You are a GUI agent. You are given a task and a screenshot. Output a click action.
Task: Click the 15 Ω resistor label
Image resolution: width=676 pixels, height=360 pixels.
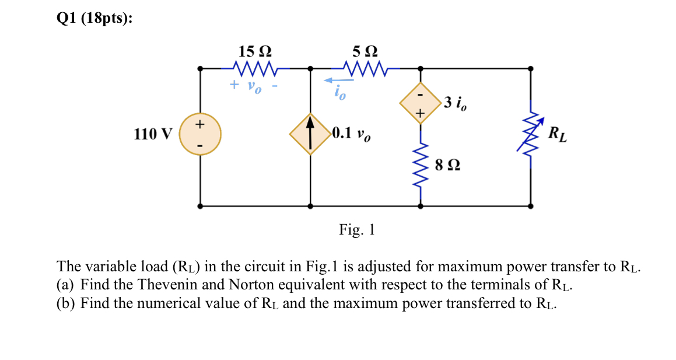pyautogui.click(x=254, y=51)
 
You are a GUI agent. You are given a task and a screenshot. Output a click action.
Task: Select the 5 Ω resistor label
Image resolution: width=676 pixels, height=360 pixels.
pyautogui.click(x=365, y=51)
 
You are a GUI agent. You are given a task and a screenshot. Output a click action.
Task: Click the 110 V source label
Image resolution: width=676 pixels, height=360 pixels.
pyautogui.click(x=153, y=134)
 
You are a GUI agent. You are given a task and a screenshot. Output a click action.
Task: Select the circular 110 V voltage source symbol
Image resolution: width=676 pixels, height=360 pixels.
pyautogui.click(x=200, y=134)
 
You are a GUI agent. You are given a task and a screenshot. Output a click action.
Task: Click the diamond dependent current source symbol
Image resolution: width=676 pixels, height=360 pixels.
pyautogui.click(x=310, y=134)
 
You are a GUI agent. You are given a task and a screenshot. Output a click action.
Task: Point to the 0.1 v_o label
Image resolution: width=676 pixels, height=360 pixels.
pyautogui.click(x=352, y=134)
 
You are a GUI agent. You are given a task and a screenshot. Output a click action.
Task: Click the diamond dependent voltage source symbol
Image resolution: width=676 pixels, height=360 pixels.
pyautogui.click(x=419, y=104)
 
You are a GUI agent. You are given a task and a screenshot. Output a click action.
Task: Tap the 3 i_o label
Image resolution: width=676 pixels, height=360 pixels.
pyautogui.click(x=454, y=104)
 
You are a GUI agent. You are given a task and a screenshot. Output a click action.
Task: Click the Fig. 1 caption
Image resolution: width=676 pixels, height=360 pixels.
pyautogui.click(x=357, y=230)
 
